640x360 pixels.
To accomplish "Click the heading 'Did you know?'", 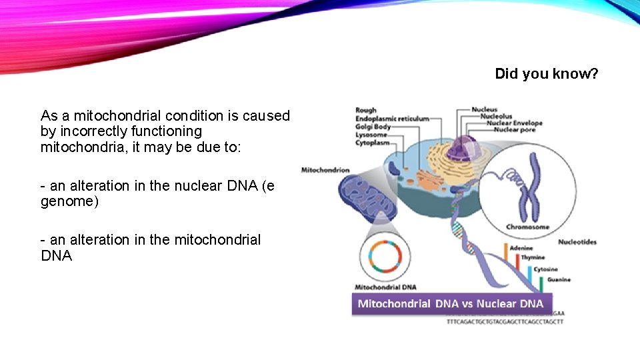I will click(x=547, y=73).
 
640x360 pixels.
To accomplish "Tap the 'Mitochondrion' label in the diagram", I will click(x=325, y=170).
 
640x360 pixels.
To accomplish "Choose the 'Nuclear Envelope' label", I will click(x=515, y=123).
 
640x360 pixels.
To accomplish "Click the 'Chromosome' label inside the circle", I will click(x=527, y=227).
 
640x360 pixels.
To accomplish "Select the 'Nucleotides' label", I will click(x=577, y=242).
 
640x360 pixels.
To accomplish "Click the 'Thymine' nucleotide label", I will click(x=533, y=257).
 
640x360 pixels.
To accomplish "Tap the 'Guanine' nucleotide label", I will click(x=559, y=280).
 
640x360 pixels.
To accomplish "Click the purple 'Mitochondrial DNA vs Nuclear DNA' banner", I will click(x=451, y=304).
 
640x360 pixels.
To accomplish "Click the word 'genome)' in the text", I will click(x=69, y=201).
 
